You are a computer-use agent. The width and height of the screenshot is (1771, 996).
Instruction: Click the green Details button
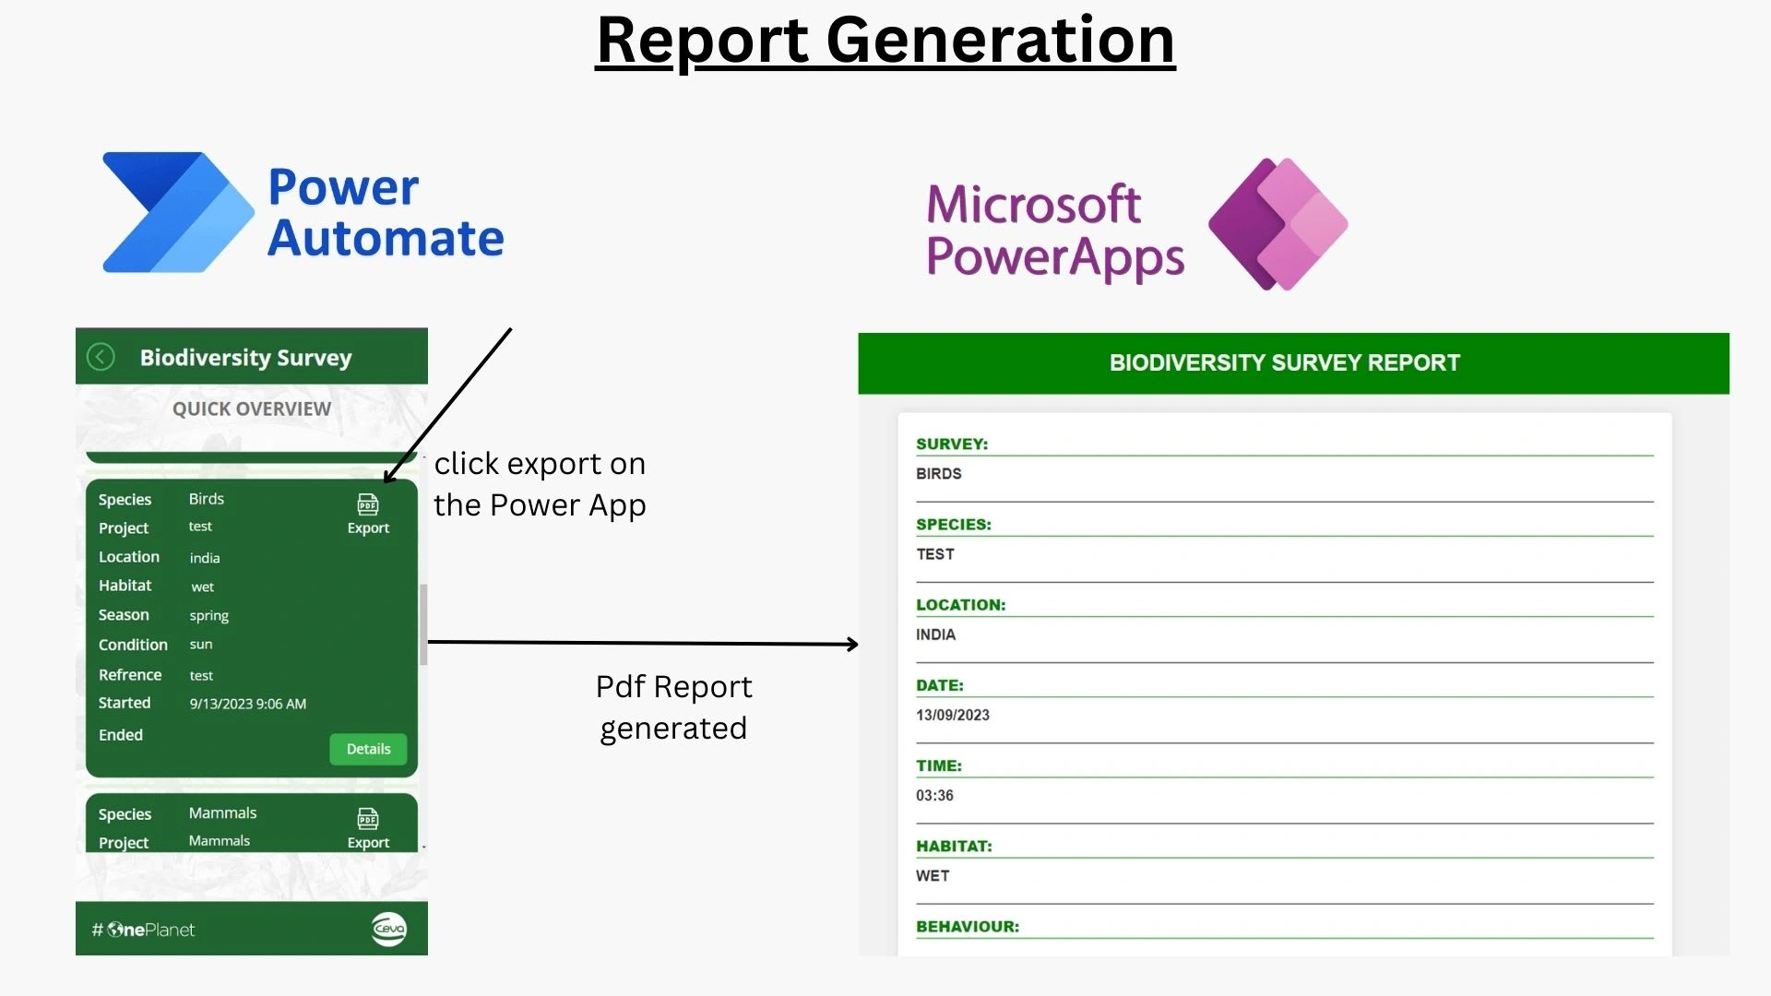pyautogui.click(x=368, y=749)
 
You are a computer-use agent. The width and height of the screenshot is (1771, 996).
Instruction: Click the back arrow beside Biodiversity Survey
pyautogui.click(x=101, y=357)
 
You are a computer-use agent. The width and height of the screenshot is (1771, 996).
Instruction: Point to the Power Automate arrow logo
pyautogui.click(x=178, y=212)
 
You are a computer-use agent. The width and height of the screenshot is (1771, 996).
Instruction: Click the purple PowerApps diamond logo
pyautogui.click(x=1278, y=224)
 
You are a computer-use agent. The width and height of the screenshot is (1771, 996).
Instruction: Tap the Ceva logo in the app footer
pyautogui.click(x=389, y=929)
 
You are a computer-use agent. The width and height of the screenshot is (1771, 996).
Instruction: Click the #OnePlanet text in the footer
pyautogui.click(x=143, y=930)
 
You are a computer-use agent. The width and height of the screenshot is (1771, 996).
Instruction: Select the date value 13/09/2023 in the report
pyautogui.click(x=953, y=715)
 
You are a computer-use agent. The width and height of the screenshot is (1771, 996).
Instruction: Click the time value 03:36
pyautogui.click(x=934, y=795)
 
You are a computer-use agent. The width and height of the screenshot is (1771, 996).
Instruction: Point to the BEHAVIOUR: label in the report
pyautogui.click(x=968, y=926)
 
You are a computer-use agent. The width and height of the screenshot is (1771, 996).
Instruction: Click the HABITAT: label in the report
pyautogui.click(x=954, y=846)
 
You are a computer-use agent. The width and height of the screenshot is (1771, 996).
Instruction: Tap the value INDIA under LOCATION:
pyautogui.click(x=935, y=634)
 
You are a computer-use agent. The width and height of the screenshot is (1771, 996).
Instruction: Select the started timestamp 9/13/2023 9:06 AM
pyautogui.click(x=248, y=704)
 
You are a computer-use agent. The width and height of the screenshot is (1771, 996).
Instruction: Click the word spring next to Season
pyautogui.click(x=209, y=616)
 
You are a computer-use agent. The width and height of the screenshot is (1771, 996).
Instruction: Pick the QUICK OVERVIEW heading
pyautogui.click(x=252, y=409)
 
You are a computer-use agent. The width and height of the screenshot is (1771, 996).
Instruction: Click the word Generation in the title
pyautogui.click(x=1001, y=40)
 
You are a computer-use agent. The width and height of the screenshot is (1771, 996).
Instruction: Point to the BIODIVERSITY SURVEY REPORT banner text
pyautogui.click(x=1285, y=362)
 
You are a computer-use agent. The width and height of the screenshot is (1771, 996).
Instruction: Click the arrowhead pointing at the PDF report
pyautogui.click(x=852, y=644)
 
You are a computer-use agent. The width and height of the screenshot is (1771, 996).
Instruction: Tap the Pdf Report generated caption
pyautogui.click(x=674, y=707)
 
